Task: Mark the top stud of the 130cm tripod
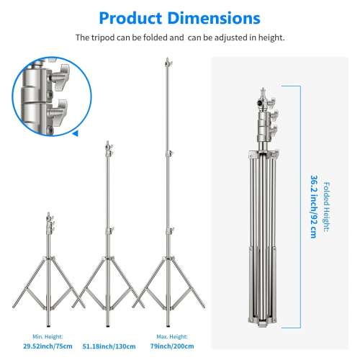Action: coord(107,143)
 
